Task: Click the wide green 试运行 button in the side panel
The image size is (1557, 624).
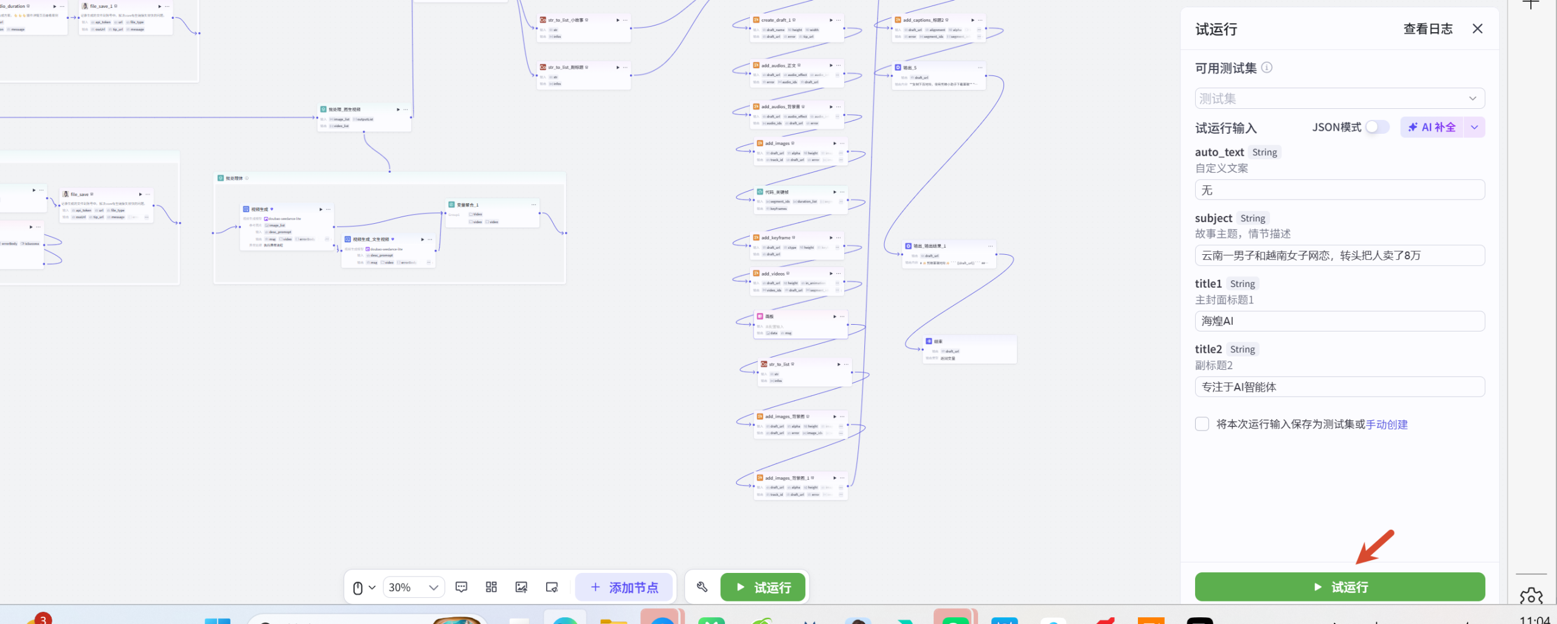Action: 1339,587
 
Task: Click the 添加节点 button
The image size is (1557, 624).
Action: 625,588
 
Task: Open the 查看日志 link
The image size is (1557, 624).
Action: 1427,29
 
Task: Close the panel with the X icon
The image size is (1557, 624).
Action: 1477,29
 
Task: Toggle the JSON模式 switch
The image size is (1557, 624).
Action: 1377,127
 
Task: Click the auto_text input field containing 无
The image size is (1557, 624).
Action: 1339,190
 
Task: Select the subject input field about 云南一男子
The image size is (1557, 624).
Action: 1339,255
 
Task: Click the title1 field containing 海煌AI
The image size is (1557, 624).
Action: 1339,321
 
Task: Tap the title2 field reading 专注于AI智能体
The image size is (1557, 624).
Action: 1339,387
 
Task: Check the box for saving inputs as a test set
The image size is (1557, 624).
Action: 1202,424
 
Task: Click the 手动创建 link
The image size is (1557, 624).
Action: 1387,425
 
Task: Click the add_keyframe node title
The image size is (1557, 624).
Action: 775,238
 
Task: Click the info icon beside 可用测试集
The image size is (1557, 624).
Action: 1267,68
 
